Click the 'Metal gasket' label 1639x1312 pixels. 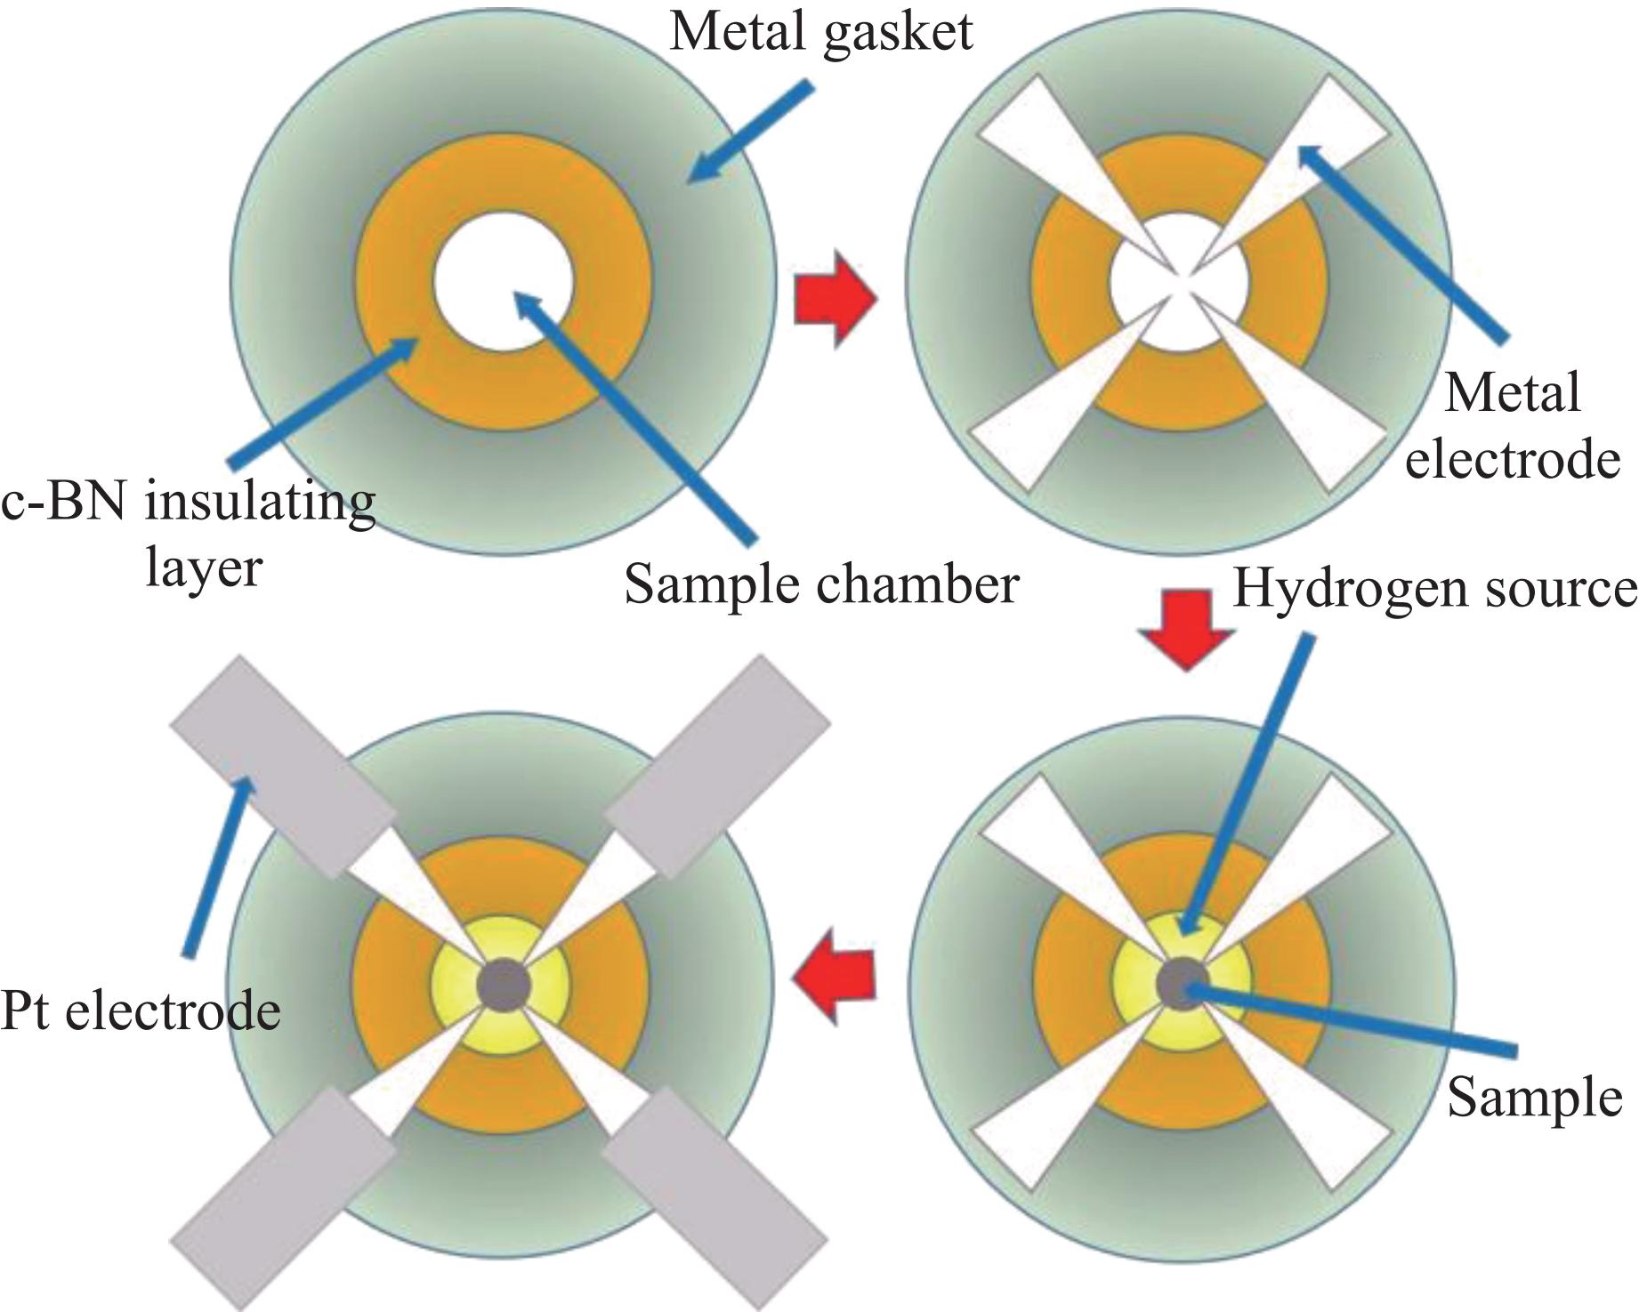point(820,34)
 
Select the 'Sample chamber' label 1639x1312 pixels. point(820,585)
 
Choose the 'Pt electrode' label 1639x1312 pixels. point(141,1010)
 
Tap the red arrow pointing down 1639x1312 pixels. point(1186,631)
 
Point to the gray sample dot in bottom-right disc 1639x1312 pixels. point(1181,984)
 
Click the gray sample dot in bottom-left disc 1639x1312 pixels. point(504,984)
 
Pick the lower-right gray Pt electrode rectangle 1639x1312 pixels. point(716,1200)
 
